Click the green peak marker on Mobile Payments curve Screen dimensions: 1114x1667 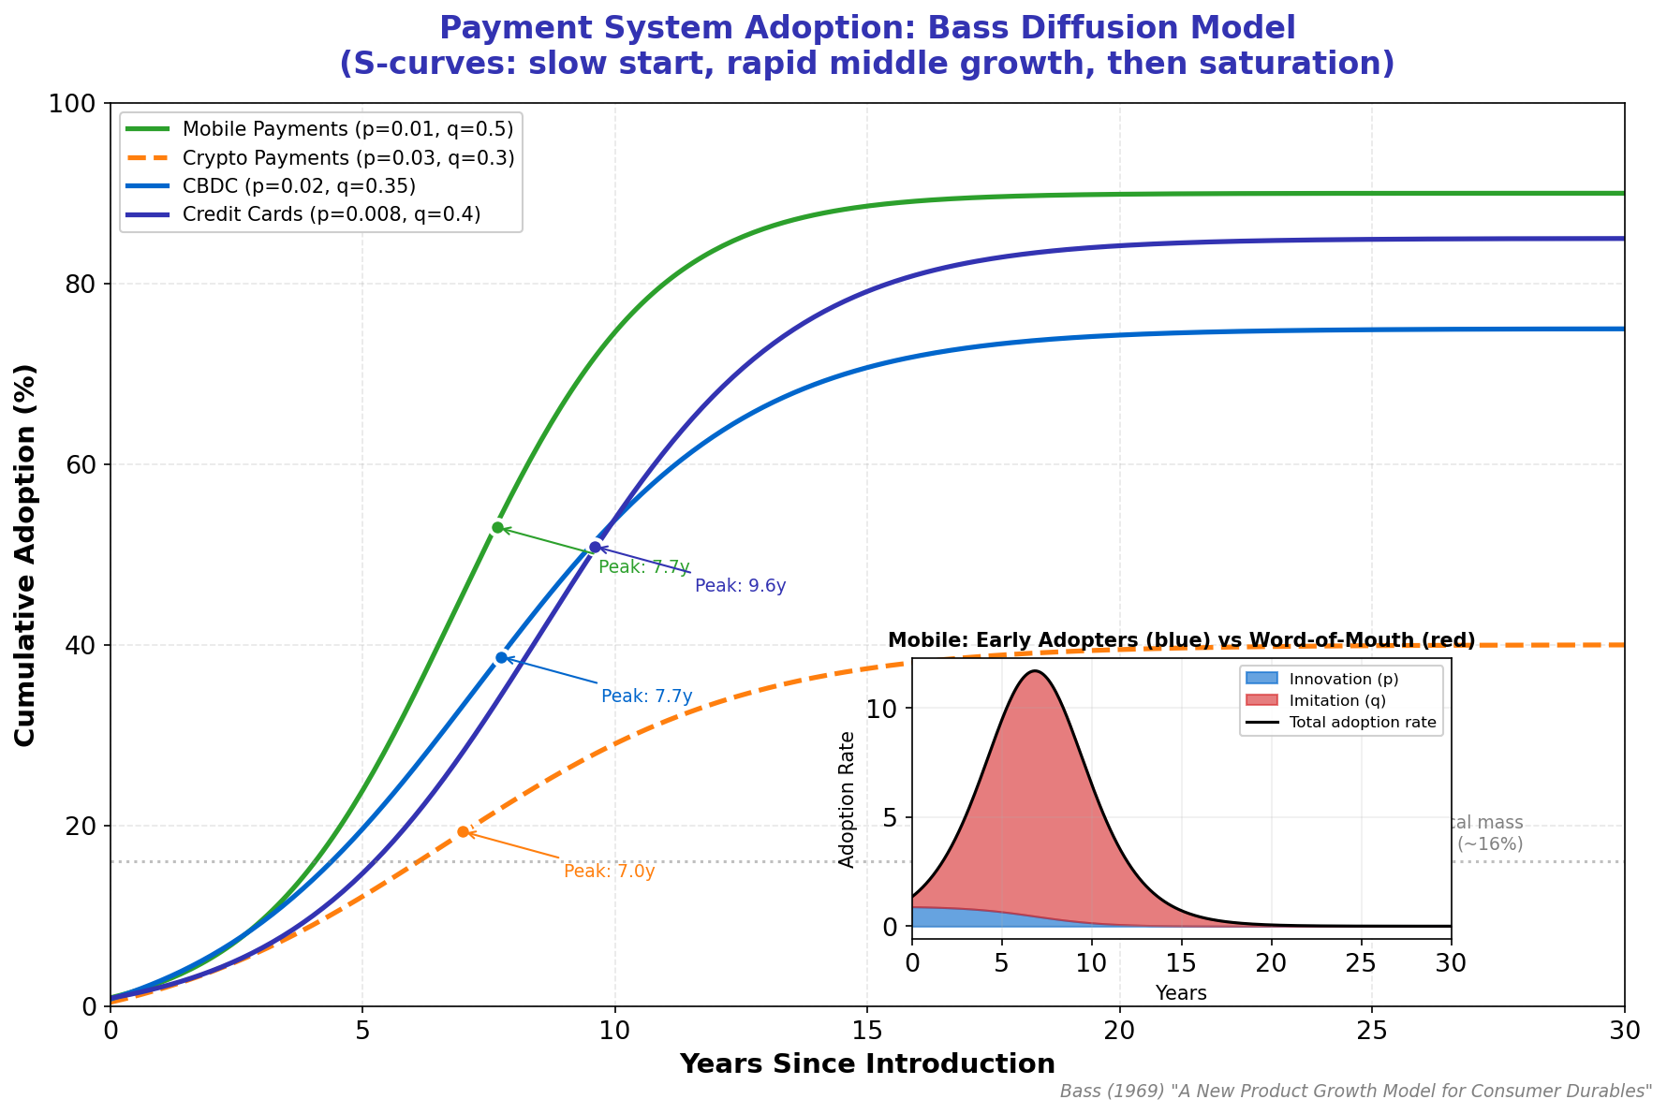(497, 528)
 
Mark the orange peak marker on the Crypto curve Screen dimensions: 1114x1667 (463, 831)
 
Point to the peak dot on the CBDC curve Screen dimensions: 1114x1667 (501, 657)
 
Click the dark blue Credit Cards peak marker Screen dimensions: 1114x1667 (595, 547)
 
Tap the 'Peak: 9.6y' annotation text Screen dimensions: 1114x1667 (740, 586)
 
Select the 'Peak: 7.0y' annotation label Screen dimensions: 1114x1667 (609, 872)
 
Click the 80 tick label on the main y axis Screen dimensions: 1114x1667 (79, 284)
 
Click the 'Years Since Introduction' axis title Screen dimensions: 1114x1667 (867, 1064)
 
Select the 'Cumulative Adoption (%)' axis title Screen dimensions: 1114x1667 (25, 555)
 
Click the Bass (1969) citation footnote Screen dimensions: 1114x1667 (1355, 1092)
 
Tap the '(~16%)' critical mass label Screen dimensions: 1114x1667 (1490, 843)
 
